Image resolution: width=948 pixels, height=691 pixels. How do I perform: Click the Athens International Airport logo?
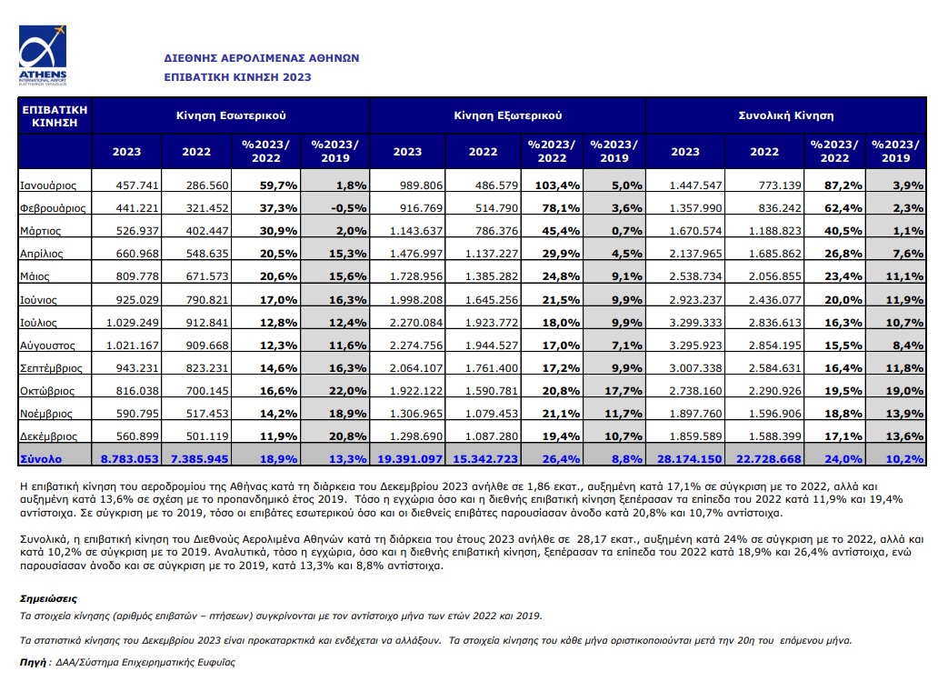(x=43, y=55)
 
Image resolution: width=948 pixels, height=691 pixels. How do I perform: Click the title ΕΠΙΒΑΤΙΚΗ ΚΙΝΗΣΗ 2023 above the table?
(x=237, y=77)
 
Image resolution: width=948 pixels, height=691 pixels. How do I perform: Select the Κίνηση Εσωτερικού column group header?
(x=231, y=115)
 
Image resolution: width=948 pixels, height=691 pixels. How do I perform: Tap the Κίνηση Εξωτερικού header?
(x=508, y=115)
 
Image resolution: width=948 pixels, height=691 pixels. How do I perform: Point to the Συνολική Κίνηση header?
(x=786, y=115)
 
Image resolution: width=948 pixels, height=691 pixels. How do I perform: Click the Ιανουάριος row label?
(x=48, y=185)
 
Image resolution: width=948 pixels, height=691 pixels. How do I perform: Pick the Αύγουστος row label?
(x=47, y=345)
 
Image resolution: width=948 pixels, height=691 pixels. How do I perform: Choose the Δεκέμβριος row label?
(x=48, y=436)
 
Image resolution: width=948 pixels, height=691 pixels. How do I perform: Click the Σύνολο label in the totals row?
(x=41, y=459)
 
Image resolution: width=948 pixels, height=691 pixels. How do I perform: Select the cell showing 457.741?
(x=137, y=185)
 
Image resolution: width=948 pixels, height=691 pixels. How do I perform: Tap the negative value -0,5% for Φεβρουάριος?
(x=349, y=208)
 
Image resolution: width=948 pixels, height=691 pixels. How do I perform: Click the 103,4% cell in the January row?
(x=557, y=185)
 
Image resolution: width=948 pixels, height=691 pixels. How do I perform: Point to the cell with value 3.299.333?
(x=695, y=323)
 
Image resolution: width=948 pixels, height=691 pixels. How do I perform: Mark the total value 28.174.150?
(x=689, y=459)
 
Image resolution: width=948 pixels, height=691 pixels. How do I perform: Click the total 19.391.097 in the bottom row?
(x=410, y=459)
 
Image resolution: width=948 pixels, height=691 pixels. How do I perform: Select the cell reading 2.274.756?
(x=416, y=345)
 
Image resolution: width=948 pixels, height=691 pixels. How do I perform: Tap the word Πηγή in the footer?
(x=33, y=662)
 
